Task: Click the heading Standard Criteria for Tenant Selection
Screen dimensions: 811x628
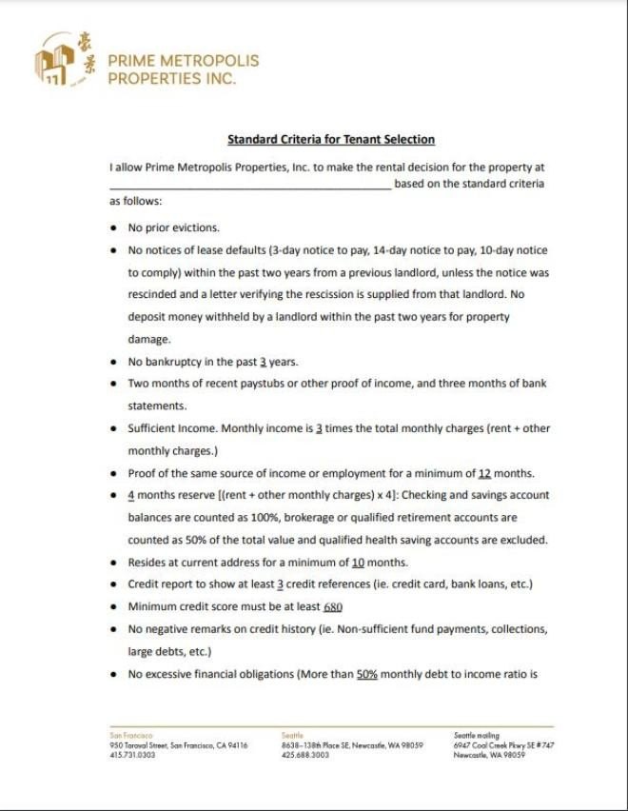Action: pyautogui.click(x=330, y=140)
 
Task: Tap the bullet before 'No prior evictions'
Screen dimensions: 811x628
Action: pyautogui.click(x=113, y=228)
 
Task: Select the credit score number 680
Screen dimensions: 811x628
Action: pyautogui.click(x=332, y=606)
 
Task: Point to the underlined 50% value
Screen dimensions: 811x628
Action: pyautogui.click(x=367, y=674)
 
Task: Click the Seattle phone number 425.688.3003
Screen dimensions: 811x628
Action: pyautogui.click(x=304, y=755)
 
